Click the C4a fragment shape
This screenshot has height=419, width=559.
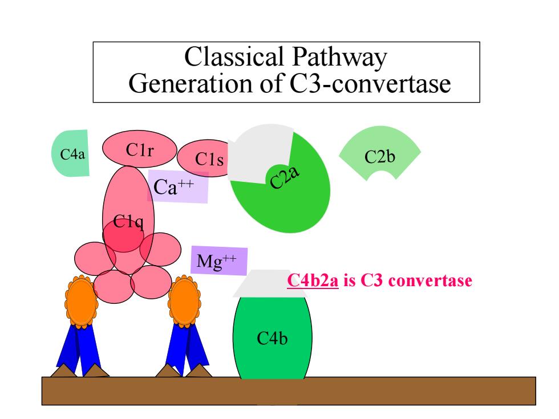click(71, 153)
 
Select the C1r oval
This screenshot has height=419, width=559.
click(139, 149)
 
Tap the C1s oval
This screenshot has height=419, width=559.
click(204, 158)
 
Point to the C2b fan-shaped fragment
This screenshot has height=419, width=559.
click(380, 153)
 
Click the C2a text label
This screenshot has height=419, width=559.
click(284, 177)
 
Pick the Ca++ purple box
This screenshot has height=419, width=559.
click(178, 186)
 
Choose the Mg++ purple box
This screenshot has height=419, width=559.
click(219, 261)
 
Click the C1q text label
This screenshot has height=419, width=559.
click(128, 222)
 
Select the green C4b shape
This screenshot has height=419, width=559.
click(273, 337)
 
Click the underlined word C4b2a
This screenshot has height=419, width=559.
click(313, 280)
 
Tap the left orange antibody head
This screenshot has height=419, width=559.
click(81, 302)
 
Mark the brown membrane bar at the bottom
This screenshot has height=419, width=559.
click(289, 391)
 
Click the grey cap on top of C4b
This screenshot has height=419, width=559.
click(270, 284)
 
